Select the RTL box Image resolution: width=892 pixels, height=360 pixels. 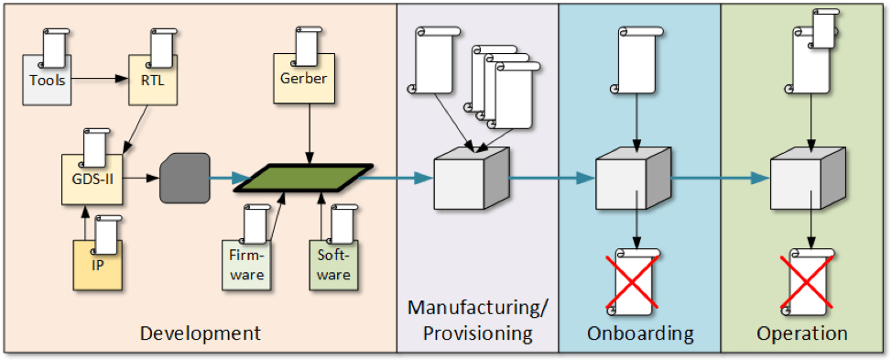click(152, 80)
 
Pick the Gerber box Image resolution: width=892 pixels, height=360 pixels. click(303, 79)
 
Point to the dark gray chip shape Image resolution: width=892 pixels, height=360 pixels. click(184, 178)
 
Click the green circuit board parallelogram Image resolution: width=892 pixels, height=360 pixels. click(303, 178)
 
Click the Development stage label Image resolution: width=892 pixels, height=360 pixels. click(200, 333)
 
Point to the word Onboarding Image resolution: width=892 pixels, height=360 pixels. click(640, 333)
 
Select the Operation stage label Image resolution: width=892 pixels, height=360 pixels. click(801, 333)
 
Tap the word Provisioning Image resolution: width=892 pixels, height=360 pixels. click(476, 333)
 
